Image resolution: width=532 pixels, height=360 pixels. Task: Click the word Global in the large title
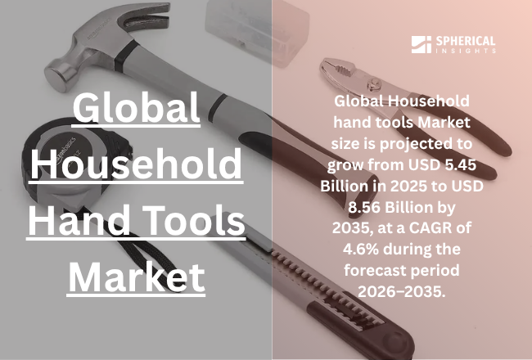137,108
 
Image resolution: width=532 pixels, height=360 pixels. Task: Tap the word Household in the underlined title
136,164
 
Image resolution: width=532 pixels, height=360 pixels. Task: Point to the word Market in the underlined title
137,277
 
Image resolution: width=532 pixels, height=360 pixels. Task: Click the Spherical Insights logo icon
421,44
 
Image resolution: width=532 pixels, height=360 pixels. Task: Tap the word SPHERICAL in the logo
465,42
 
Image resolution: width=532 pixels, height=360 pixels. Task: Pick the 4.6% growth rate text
361,250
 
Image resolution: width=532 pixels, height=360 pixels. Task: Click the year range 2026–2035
402,291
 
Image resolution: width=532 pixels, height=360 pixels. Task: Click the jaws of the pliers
340,69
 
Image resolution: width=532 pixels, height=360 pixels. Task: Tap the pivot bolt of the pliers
374,83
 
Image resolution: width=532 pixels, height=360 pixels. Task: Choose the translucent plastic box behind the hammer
257,30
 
